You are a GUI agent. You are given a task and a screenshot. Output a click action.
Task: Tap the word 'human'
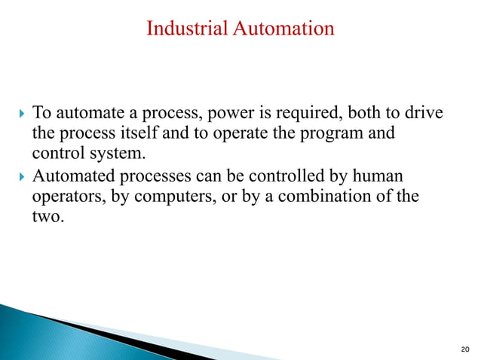(378, 177)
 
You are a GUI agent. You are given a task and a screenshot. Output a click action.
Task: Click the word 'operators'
(63, 198)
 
